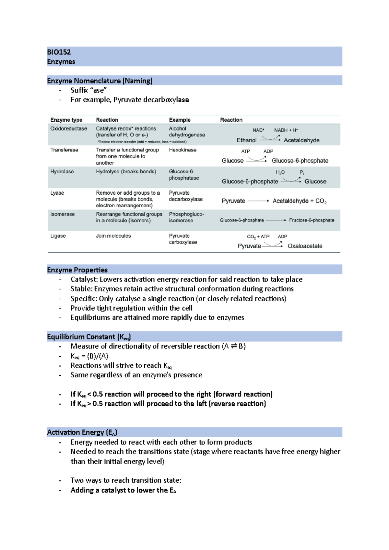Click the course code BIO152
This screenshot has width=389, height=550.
tap(59, 52)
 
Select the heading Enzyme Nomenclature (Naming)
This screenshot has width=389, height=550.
tap(100, 81)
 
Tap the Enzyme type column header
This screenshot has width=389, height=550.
tap(66, 120)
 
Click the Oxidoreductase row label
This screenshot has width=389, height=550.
tap(68, 129)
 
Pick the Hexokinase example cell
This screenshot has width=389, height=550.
tap(183, 150)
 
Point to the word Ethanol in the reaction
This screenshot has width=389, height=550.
tap(246, 140)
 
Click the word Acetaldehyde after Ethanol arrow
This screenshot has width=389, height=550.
tap(301, 140)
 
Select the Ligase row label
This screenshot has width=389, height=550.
tap(58, 236)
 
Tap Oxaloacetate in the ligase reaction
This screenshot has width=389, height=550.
tap(305, 246)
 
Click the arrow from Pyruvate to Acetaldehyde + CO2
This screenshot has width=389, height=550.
tap(258, 201)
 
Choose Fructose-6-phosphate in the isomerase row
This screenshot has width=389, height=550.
tap(312, 220)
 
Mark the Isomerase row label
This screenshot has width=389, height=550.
tap(62, 214)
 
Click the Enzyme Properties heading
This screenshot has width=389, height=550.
tap(77, 270)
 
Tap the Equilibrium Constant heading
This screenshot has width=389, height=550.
tap(89, 337)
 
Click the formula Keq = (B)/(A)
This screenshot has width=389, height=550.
tap(89, 356)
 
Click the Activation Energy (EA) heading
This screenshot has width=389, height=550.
tap(82, 432)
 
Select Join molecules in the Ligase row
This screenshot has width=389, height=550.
tap(113, 236)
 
